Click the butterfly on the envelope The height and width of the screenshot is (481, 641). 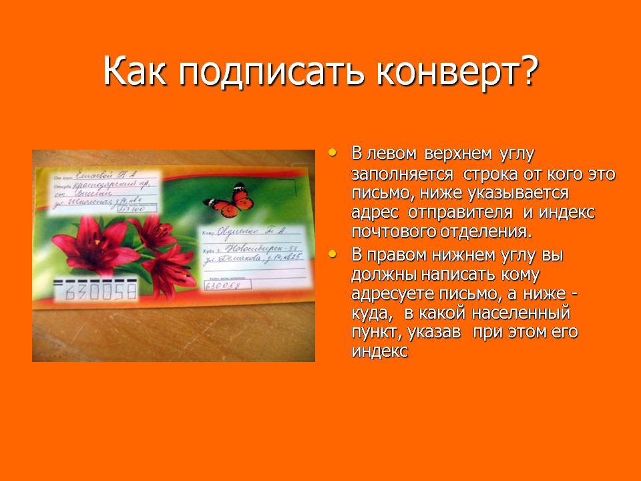pos(225,200)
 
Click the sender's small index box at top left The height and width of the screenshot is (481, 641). pos(133,209)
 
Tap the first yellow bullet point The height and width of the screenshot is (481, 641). pos(333,153)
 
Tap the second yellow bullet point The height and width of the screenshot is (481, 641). pos(333,254)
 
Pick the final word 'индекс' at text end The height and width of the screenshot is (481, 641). pos(379,352)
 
